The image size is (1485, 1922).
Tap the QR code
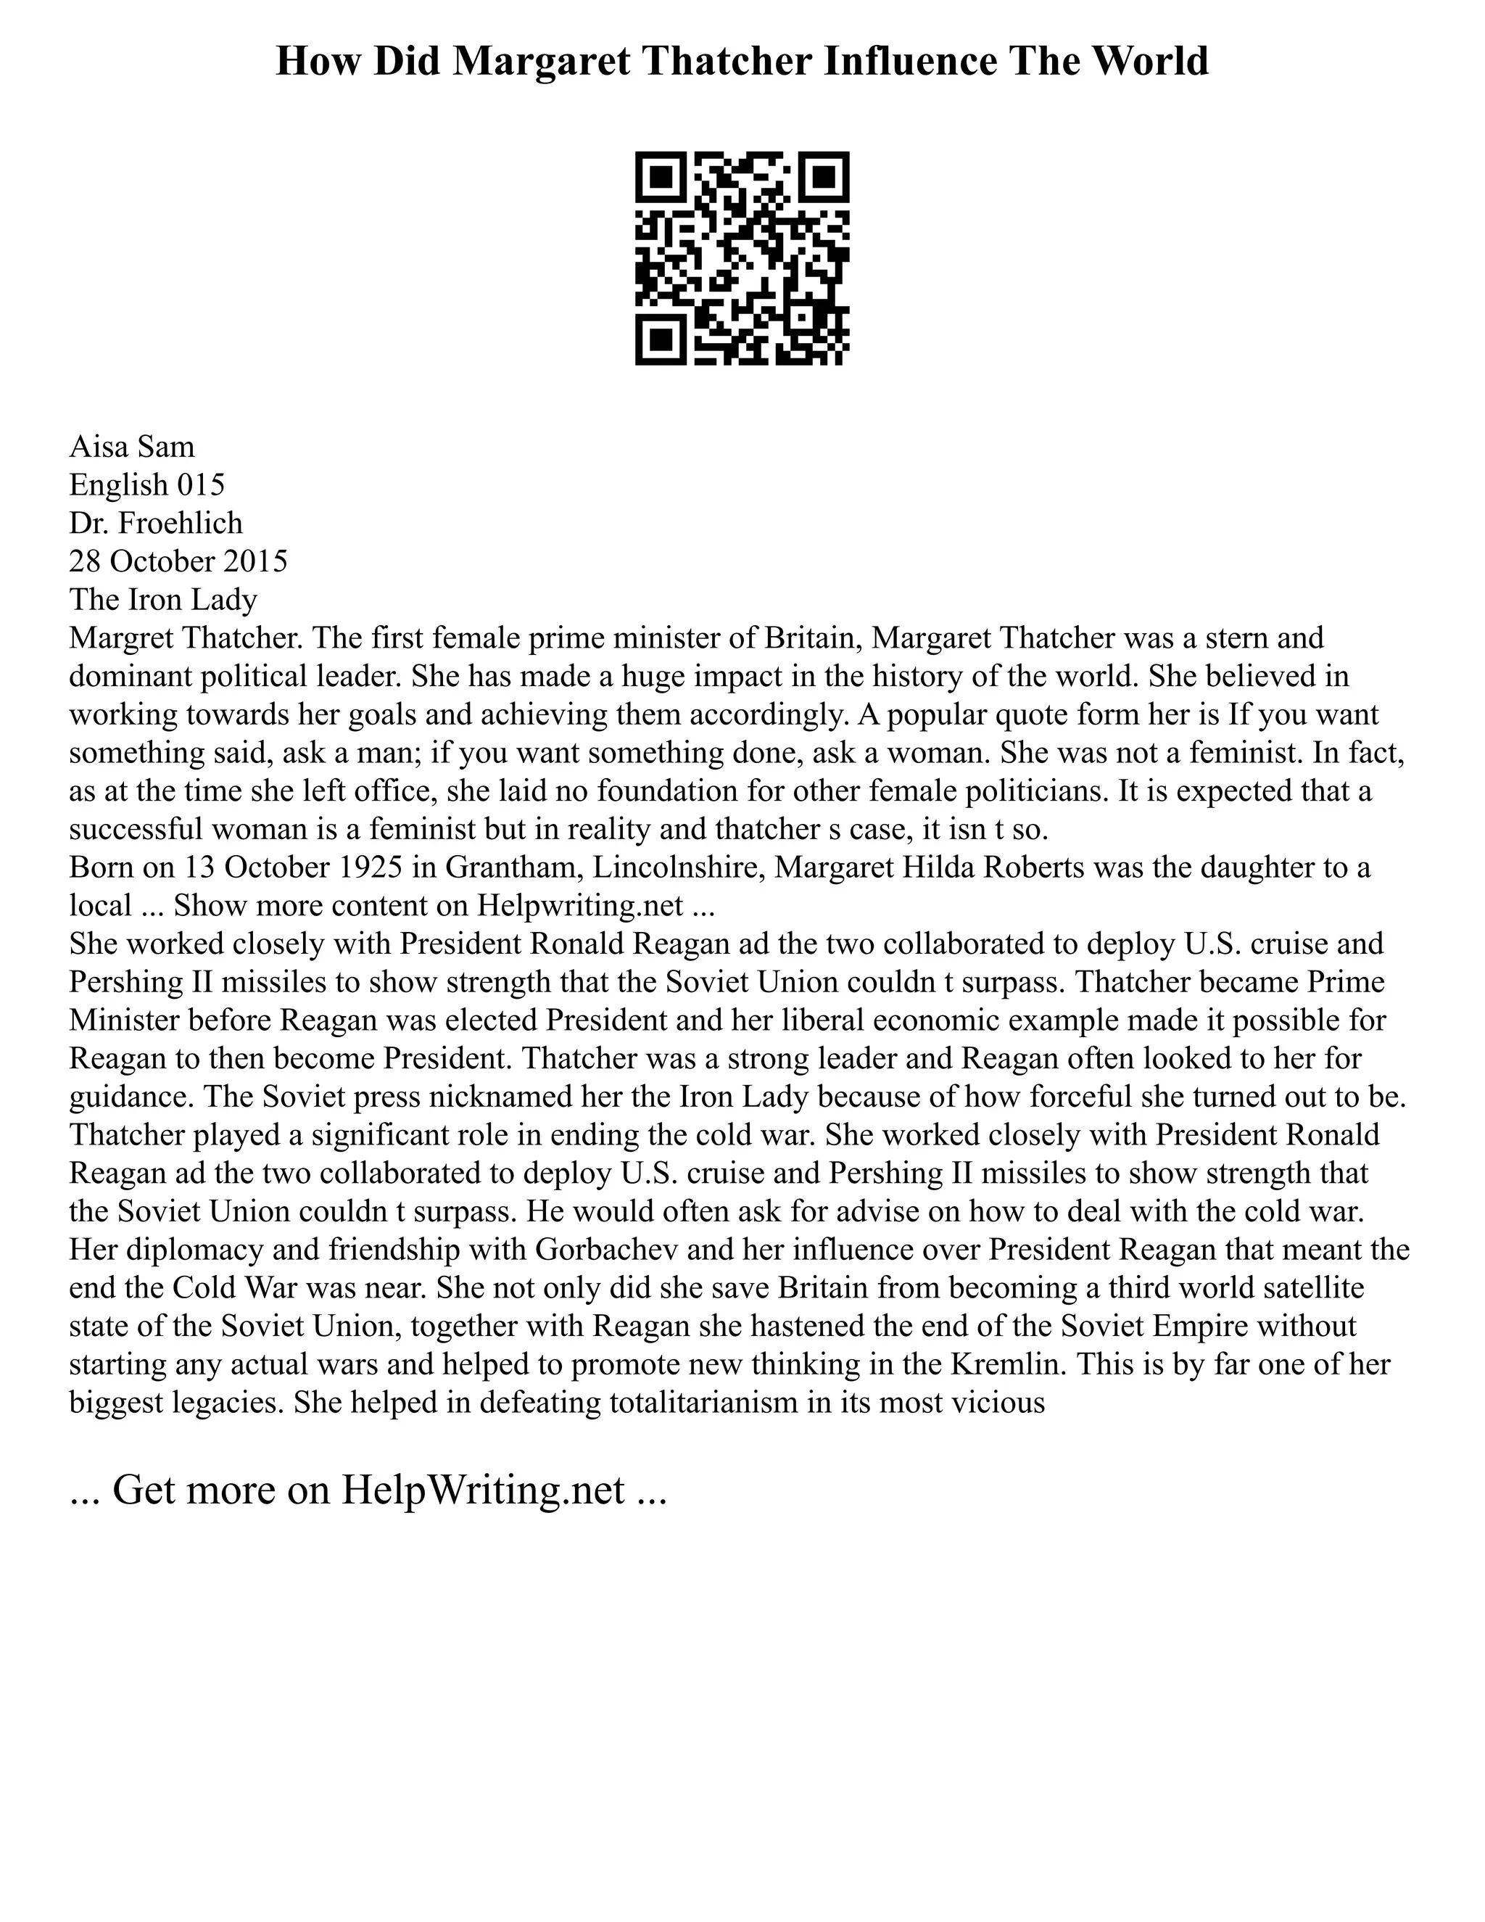pos(742,258)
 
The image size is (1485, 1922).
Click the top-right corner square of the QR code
pos(824,177)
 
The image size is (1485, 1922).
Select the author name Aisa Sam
pos(132,447)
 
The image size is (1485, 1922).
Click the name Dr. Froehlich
pos(156,524)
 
